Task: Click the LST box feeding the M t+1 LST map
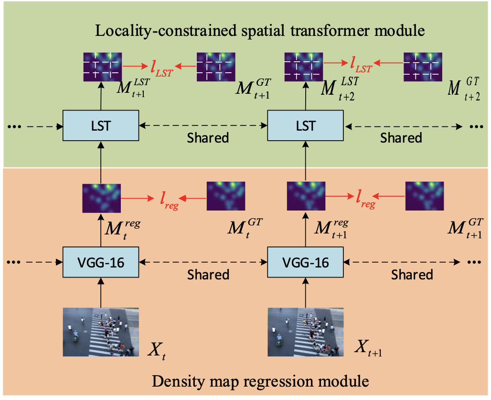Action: click(101, 126)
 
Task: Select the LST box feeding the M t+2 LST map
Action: click(306, 126)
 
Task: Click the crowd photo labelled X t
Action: click(101, 332)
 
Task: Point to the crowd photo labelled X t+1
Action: click(306, 332)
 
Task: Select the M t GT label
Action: click(244, 228)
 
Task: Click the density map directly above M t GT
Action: click(225, 196)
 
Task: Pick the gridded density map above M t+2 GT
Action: click(423, 66)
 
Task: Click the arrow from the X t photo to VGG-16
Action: click(101, 293)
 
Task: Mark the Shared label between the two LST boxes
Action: click(208, 138)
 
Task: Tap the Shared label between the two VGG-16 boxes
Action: click(208, 275)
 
